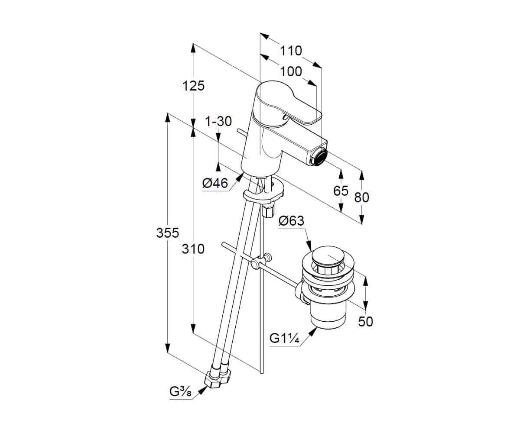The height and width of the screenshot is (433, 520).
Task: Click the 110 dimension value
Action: click(291, 51)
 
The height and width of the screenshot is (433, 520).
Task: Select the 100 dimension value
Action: click(291, 72)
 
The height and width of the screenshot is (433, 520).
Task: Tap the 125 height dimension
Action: click(194, 86)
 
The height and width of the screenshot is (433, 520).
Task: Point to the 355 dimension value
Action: click(168, 233)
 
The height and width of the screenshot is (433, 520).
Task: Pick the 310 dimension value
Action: click(193, 249)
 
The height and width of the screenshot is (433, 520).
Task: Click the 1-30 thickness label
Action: click(218, 121)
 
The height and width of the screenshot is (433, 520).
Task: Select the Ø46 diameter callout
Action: click(215, 184)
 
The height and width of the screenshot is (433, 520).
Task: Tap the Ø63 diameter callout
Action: click(291, 221)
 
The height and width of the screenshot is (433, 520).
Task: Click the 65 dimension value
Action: click(341, 191)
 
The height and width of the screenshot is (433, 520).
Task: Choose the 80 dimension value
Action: click(361, 197)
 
